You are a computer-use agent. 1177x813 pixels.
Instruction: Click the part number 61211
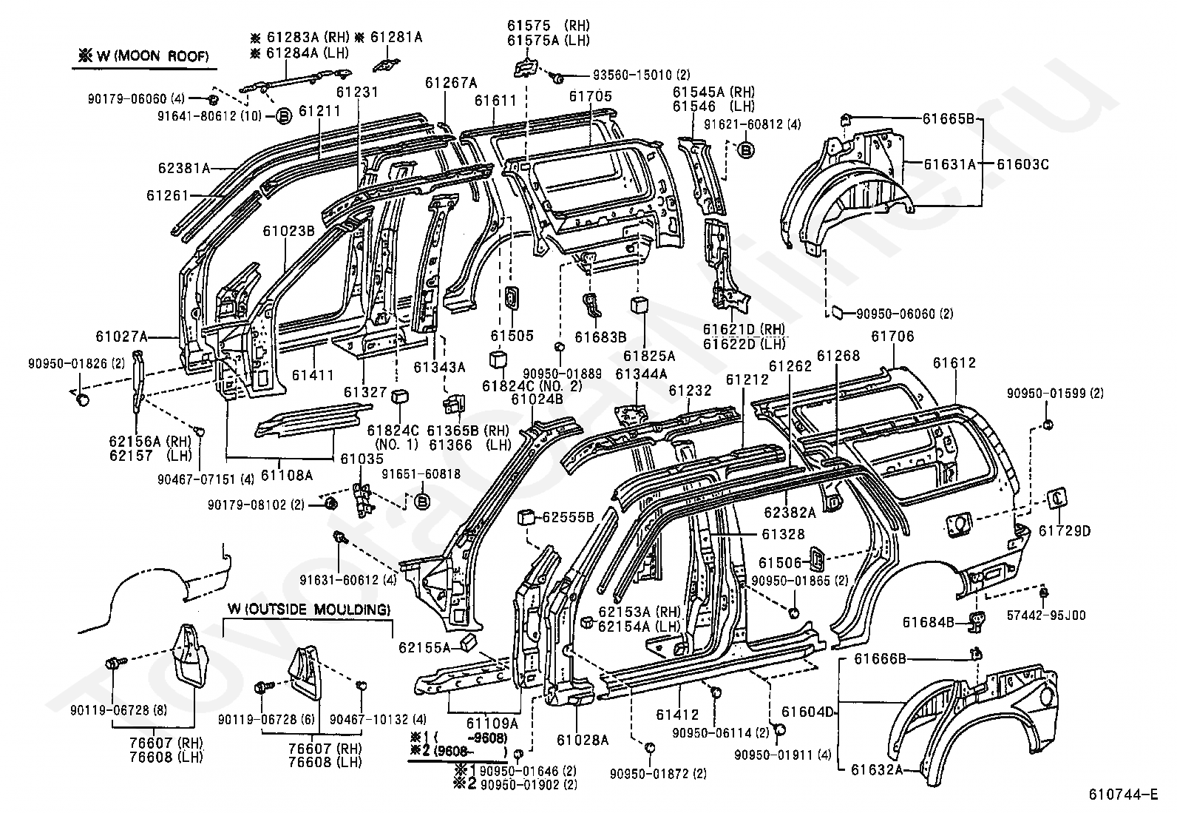pos(320,112)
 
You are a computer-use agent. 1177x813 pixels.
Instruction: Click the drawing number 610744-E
pos(1122,795)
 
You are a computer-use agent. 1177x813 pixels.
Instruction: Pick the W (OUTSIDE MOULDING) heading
pos(308,610)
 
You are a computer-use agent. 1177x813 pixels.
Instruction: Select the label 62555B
pos(569,517)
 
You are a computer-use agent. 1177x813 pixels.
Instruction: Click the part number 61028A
pos(583,739)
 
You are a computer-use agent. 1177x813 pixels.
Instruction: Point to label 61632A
pos(877,769)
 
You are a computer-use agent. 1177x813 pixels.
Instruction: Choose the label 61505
pos(512,335)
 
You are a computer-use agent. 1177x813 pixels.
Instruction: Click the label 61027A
pos(121,337)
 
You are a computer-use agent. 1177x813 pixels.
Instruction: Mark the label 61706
pos(892,337)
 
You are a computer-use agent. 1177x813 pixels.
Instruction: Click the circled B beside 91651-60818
pos(422,502)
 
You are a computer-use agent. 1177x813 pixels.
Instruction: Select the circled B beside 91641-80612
pos(284,115)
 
